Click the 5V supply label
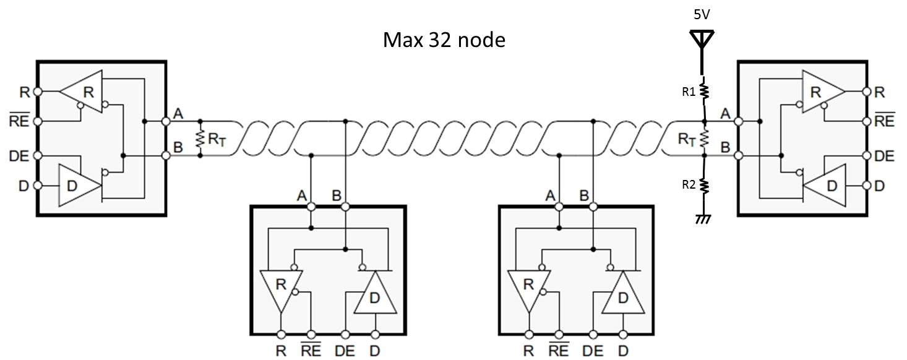click(702, 15)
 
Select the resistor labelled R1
click(703, 92)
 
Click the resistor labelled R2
click(703, 184)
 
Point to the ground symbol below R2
click(703, 219)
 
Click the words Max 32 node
click(444, 41)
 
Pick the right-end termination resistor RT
click(703, 140)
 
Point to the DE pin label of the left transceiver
click(20, 156)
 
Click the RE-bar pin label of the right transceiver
click(885, 121)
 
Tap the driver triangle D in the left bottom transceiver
click(374, 298)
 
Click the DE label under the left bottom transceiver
click(345, 351)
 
